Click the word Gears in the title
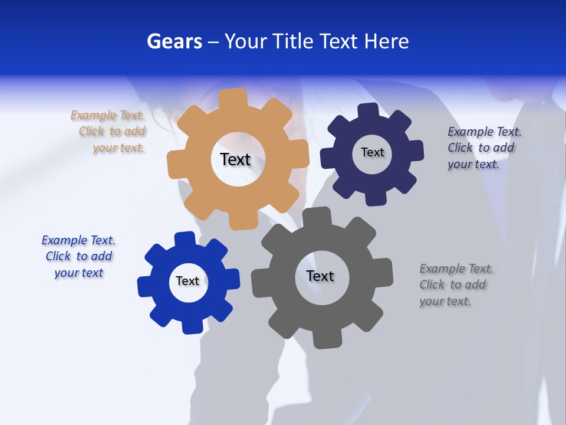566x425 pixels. coord(174,41)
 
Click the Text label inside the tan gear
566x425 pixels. coord(235,159)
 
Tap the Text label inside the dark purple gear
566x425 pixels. coord(372,152)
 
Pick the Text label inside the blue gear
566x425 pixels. coord(187,281)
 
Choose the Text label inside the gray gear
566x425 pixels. coord(320,276)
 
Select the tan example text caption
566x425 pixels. coord(108,132)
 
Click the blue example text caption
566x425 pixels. coord(78,256)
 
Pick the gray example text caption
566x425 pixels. coord(456,285)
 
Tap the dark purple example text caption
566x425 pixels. coord(484,148)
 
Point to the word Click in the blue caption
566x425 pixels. coord(58,256)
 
